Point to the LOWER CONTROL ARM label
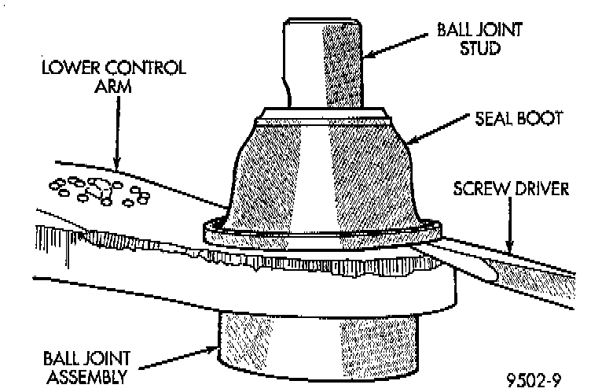[115, 76]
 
